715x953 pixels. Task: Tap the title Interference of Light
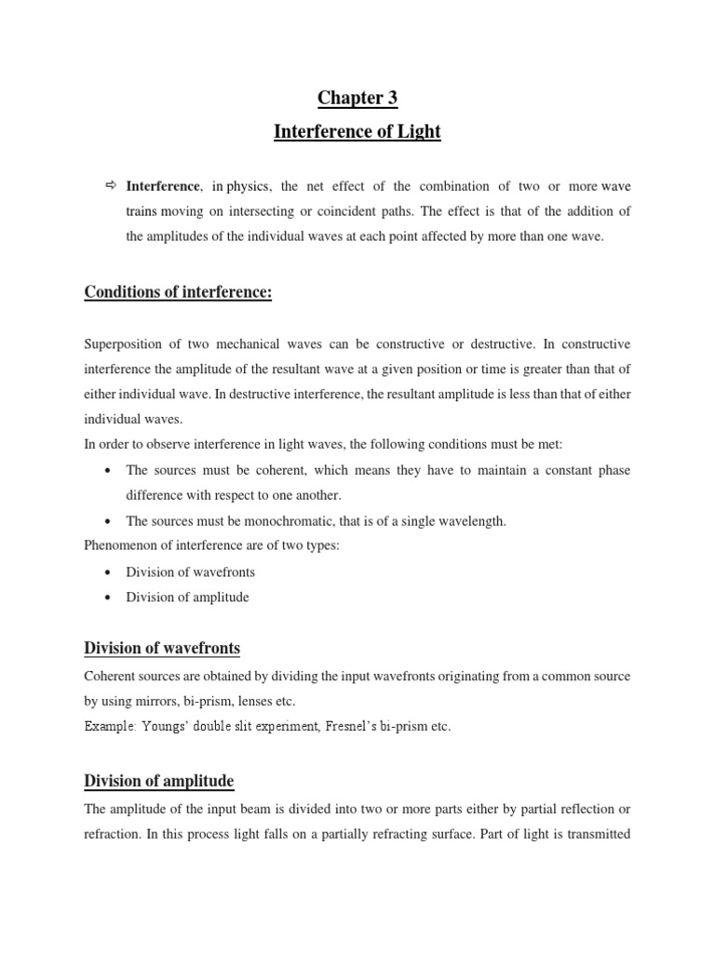click(357, 132)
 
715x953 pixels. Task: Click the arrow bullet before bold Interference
click(111, 186)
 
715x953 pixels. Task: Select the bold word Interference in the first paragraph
click(163, 187)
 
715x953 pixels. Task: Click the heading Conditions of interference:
click(178, 293)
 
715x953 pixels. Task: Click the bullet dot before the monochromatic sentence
click(111, 521)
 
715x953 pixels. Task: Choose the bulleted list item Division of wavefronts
click(190, 571)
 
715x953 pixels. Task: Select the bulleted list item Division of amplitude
click(187, 597)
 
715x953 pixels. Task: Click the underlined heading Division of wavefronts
click(162, 648)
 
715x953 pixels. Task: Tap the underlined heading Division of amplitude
click(159, 781)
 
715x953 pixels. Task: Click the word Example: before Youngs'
click(108, 727)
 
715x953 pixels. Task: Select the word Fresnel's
click(371, 727)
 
